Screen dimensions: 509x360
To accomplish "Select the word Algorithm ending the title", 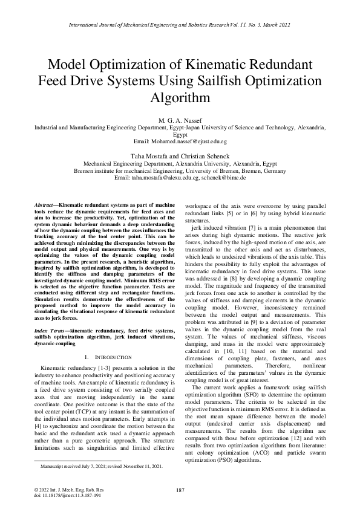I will tap(180, 97).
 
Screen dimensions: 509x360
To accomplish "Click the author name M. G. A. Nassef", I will tap(180, 121).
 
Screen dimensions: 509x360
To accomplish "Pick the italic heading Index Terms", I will tap(48, 315).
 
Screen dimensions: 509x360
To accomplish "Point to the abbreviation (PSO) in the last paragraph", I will tap(226, 460).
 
